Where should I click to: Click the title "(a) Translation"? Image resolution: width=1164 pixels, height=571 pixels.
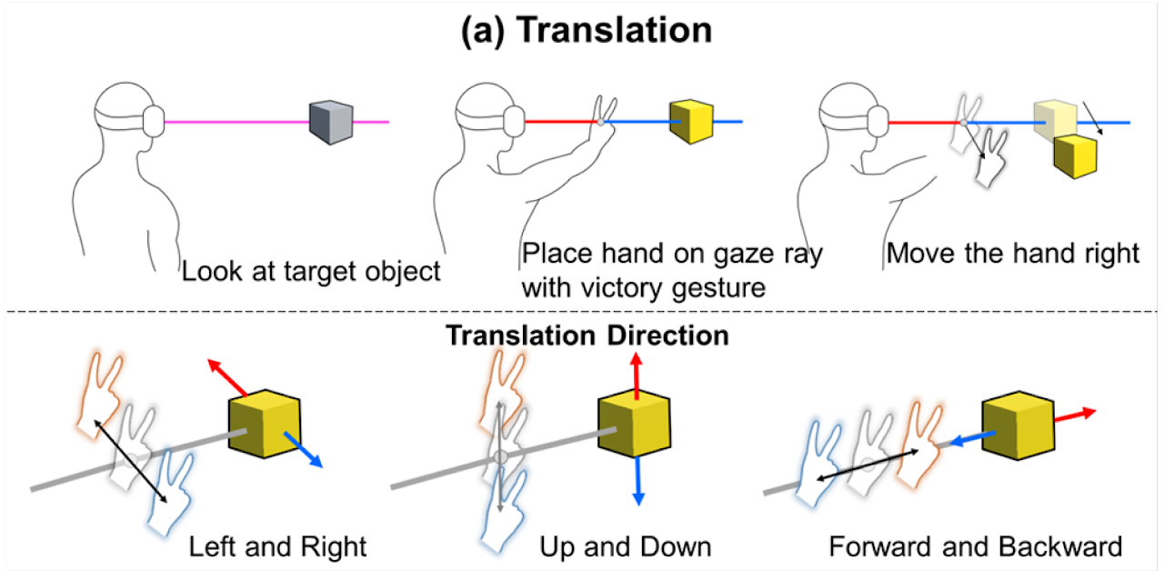587,30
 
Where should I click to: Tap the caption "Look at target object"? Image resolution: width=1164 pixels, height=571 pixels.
310,271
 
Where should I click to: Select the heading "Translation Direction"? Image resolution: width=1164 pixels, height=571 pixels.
587,336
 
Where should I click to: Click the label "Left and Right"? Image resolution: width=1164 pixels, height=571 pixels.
277,546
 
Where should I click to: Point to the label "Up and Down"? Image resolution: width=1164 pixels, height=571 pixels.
625,546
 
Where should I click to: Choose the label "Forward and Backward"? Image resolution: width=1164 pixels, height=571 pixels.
975,546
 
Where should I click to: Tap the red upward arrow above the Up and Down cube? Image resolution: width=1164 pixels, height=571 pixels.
636,375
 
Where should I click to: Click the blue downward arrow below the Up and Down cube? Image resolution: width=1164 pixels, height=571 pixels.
637,479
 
